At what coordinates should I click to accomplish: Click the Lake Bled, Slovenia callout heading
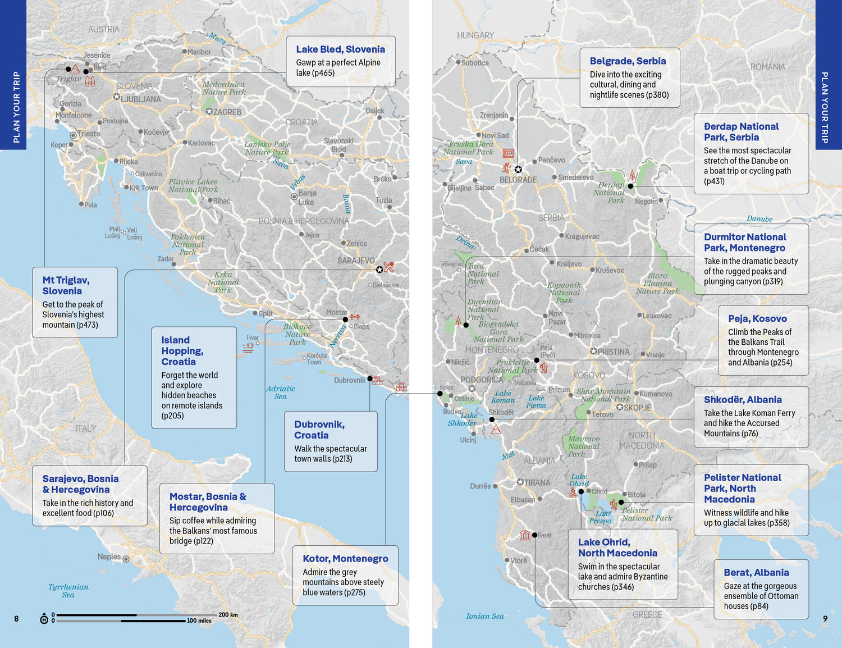pos(340,49)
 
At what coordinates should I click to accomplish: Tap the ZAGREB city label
pos(226,112)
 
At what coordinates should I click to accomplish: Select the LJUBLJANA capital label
pos(140,99)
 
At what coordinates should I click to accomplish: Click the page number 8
pos(16,619)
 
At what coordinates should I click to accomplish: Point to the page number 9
pos(825,619)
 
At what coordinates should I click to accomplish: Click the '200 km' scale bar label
pos(228,614)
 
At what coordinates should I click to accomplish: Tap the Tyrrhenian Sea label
pos(68,591)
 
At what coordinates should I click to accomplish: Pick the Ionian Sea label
pos(484,616)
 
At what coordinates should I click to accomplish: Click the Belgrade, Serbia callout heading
pos(628,61)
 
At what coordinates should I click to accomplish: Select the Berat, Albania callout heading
pos(756,573)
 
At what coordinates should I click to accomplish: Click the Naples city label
pos(109,557)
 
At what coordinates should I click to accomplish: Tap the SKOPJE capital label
pos(637,408)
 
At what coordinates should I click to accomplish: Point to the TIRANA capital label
pos(537,482)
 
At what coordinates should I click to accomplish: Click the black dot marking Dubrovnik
pos(370,378)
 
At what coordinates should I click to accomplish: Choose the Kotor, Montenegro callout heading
pos(345,559)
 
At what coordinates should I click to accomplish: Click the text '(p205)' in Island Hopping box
pos(172,416)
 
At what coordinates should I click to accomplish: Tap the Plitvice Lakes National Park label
pos(193,185)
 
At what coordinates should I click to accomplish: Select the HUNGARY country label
pos(475,35)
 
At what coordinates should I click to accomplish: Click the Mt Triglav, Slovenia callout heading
pos(65,285)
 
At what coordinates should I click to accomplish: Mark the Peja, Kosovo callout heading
pos(757,319)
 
